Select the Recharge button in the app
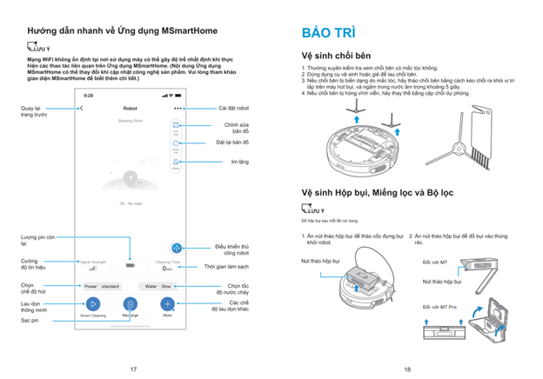130,303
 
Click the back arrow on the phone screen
81,109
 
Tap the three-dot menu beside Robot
178,109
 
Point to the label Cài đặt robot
233,109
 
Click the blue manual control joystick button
177,248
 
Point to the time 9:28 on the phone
88,96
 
